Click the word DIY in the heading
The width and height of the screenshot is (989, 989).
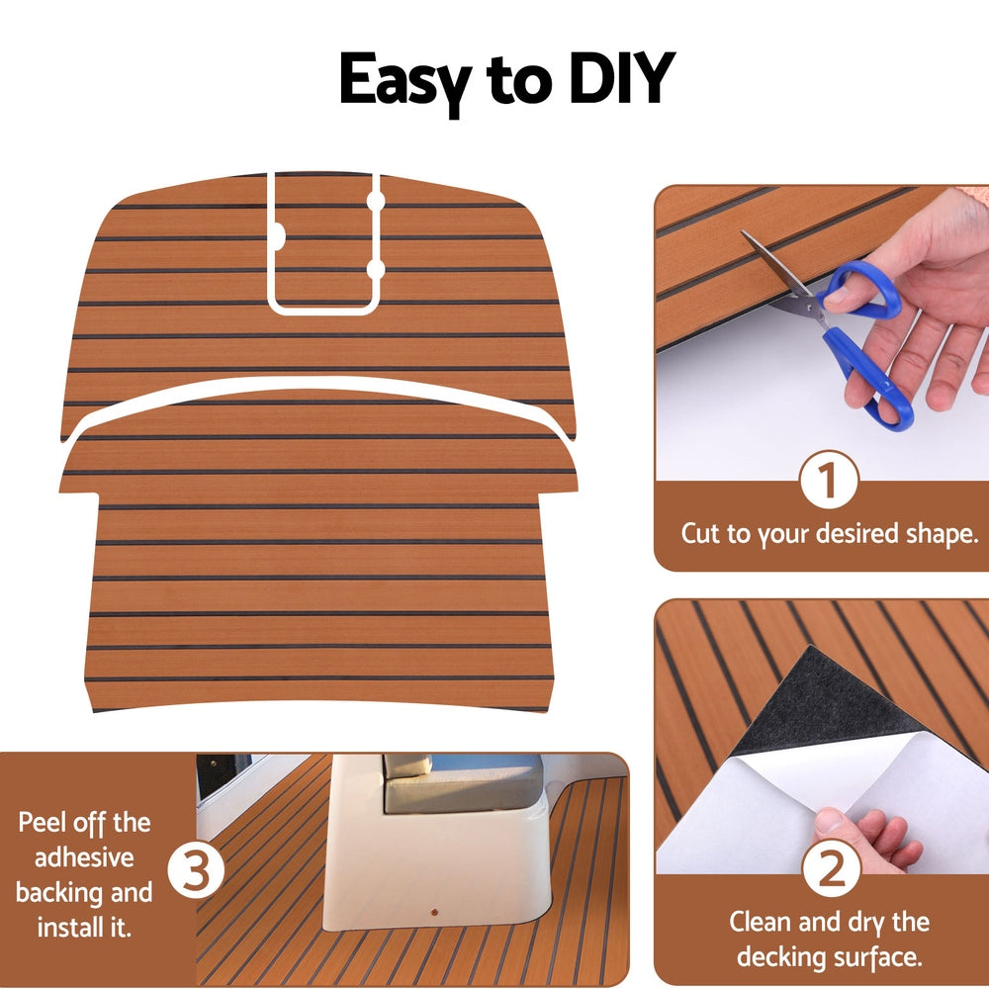(x=618, y=79)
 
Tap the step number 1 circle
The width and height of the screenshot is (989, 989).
(x=828, y=482)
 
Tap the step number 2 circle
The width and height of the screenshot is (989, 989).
(x=830, y=869)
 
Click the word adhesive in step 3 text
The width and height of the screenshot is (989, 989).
(x=85, y=857)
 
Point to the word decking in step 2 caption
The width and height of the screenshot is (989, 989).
(x=780, y=956)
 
